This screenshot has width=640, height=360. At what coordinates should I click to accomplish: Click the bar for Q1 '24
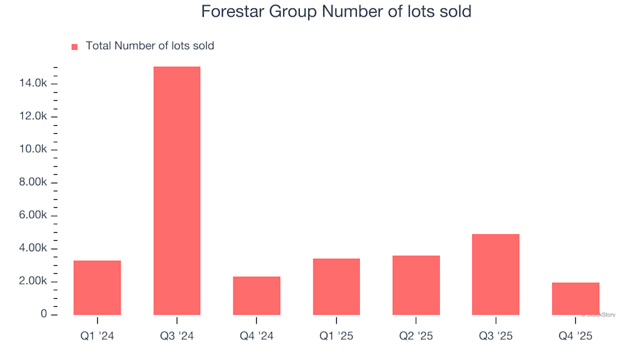point(97,287)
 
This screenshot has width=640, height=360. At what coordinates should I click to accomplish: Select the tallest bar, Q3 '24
point(177,191)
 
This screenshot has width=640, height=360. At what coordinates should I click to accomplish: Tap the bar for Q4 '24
point(257,295)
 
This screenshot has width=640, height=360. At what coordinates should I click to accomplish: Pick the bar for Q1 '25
point(336,287)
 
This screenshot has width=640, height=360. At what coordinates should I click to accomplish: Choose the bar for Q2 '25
point(416,285)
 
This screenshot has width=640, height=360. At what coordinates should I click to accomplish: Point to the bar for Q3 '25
point(495,274)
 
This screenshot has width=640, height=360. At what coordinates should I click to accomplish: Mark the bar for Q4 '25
point(575,299)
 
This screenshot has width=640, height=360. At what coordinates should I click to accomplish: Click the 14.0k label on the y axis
point(33,83)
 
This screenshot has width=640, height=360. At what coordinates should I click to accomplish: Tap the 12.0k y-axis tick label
point(33,117)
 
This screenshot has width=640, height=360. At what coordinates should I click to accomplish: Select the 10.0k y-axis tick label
point(33,149)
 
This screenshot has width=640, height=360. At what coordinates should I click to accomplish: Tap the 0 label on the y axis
point(44,314)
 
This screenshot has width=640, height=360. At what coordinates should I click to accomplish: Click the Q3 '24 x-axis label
point(177,337)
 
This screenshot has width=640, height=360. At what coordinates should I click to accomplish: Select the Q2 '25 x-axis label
point(416,337)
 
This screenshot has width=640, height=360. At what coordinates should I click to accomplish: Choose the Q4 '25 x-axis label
point(575,337)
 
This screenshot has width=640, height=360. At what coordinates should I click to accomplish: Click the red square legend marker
point(74,47)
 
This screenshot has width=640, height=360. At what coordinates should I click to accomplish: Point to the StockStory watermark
point(598,314)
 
